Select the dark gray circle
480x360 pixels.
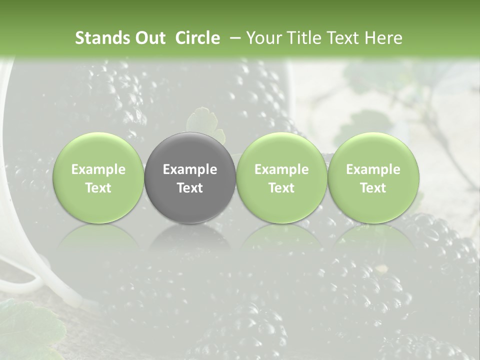[190, 177]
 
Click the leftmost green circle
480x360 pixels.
[98, 177]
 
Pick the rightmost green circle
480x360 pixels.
[373, 177]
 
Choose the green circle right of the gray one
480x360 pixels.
[281, 177]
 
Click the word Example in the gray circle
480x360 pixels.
[190, 169]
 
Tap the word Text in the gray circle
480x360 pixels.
[190, 188]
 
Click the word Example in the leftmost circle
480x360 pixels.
[98, 169]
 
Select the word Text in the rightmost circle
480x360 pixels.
[373, 188]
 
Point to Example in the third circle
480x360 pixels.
[281, 169]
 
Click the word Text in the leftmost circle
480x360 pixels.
[98, 188]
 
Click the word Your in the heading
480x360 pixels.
[263, 38]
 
